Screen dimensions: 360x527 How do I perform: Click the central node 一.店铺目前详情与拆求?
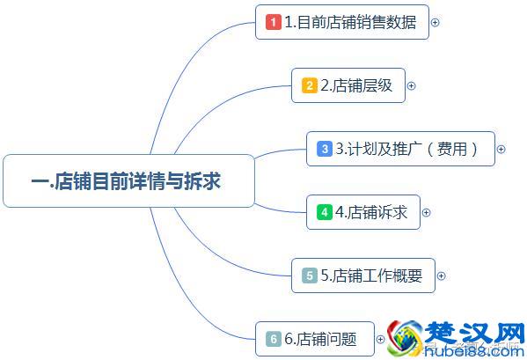click(x=127, y=181)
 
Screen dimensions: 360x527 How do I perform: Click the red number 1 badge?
click(x=273, y=22)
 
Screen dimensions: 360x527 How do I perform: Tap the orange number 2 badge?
click(x=309, y=85)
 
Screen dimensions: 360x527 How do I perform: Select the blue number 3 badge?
click(x=324, y=149)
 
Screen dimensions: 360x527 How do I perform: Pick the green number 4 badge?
click(x=324, y=212)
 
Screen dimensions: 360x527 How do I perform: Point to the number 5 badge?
click(x=309, y=276)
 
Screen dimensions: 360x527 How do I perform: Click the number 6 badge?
click(x=273, y=339)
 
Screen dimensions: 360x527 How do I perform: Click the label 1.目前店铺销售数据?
click(x=350, y=22)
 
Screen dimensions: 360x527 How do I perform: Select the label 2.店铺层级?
click(x=355, y=85)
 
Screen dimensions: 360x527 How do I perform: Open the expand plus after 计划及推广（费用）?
click(x=501, y=149)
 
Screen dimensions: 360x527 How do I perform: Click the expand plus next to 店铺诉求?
click(x=427, y=212)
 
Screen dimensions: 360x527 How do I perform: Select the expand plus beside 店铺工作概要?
click(x=442, y=276)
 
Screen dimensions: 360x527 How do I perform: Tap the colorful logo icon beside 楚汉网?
click(x=406, y=339)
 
